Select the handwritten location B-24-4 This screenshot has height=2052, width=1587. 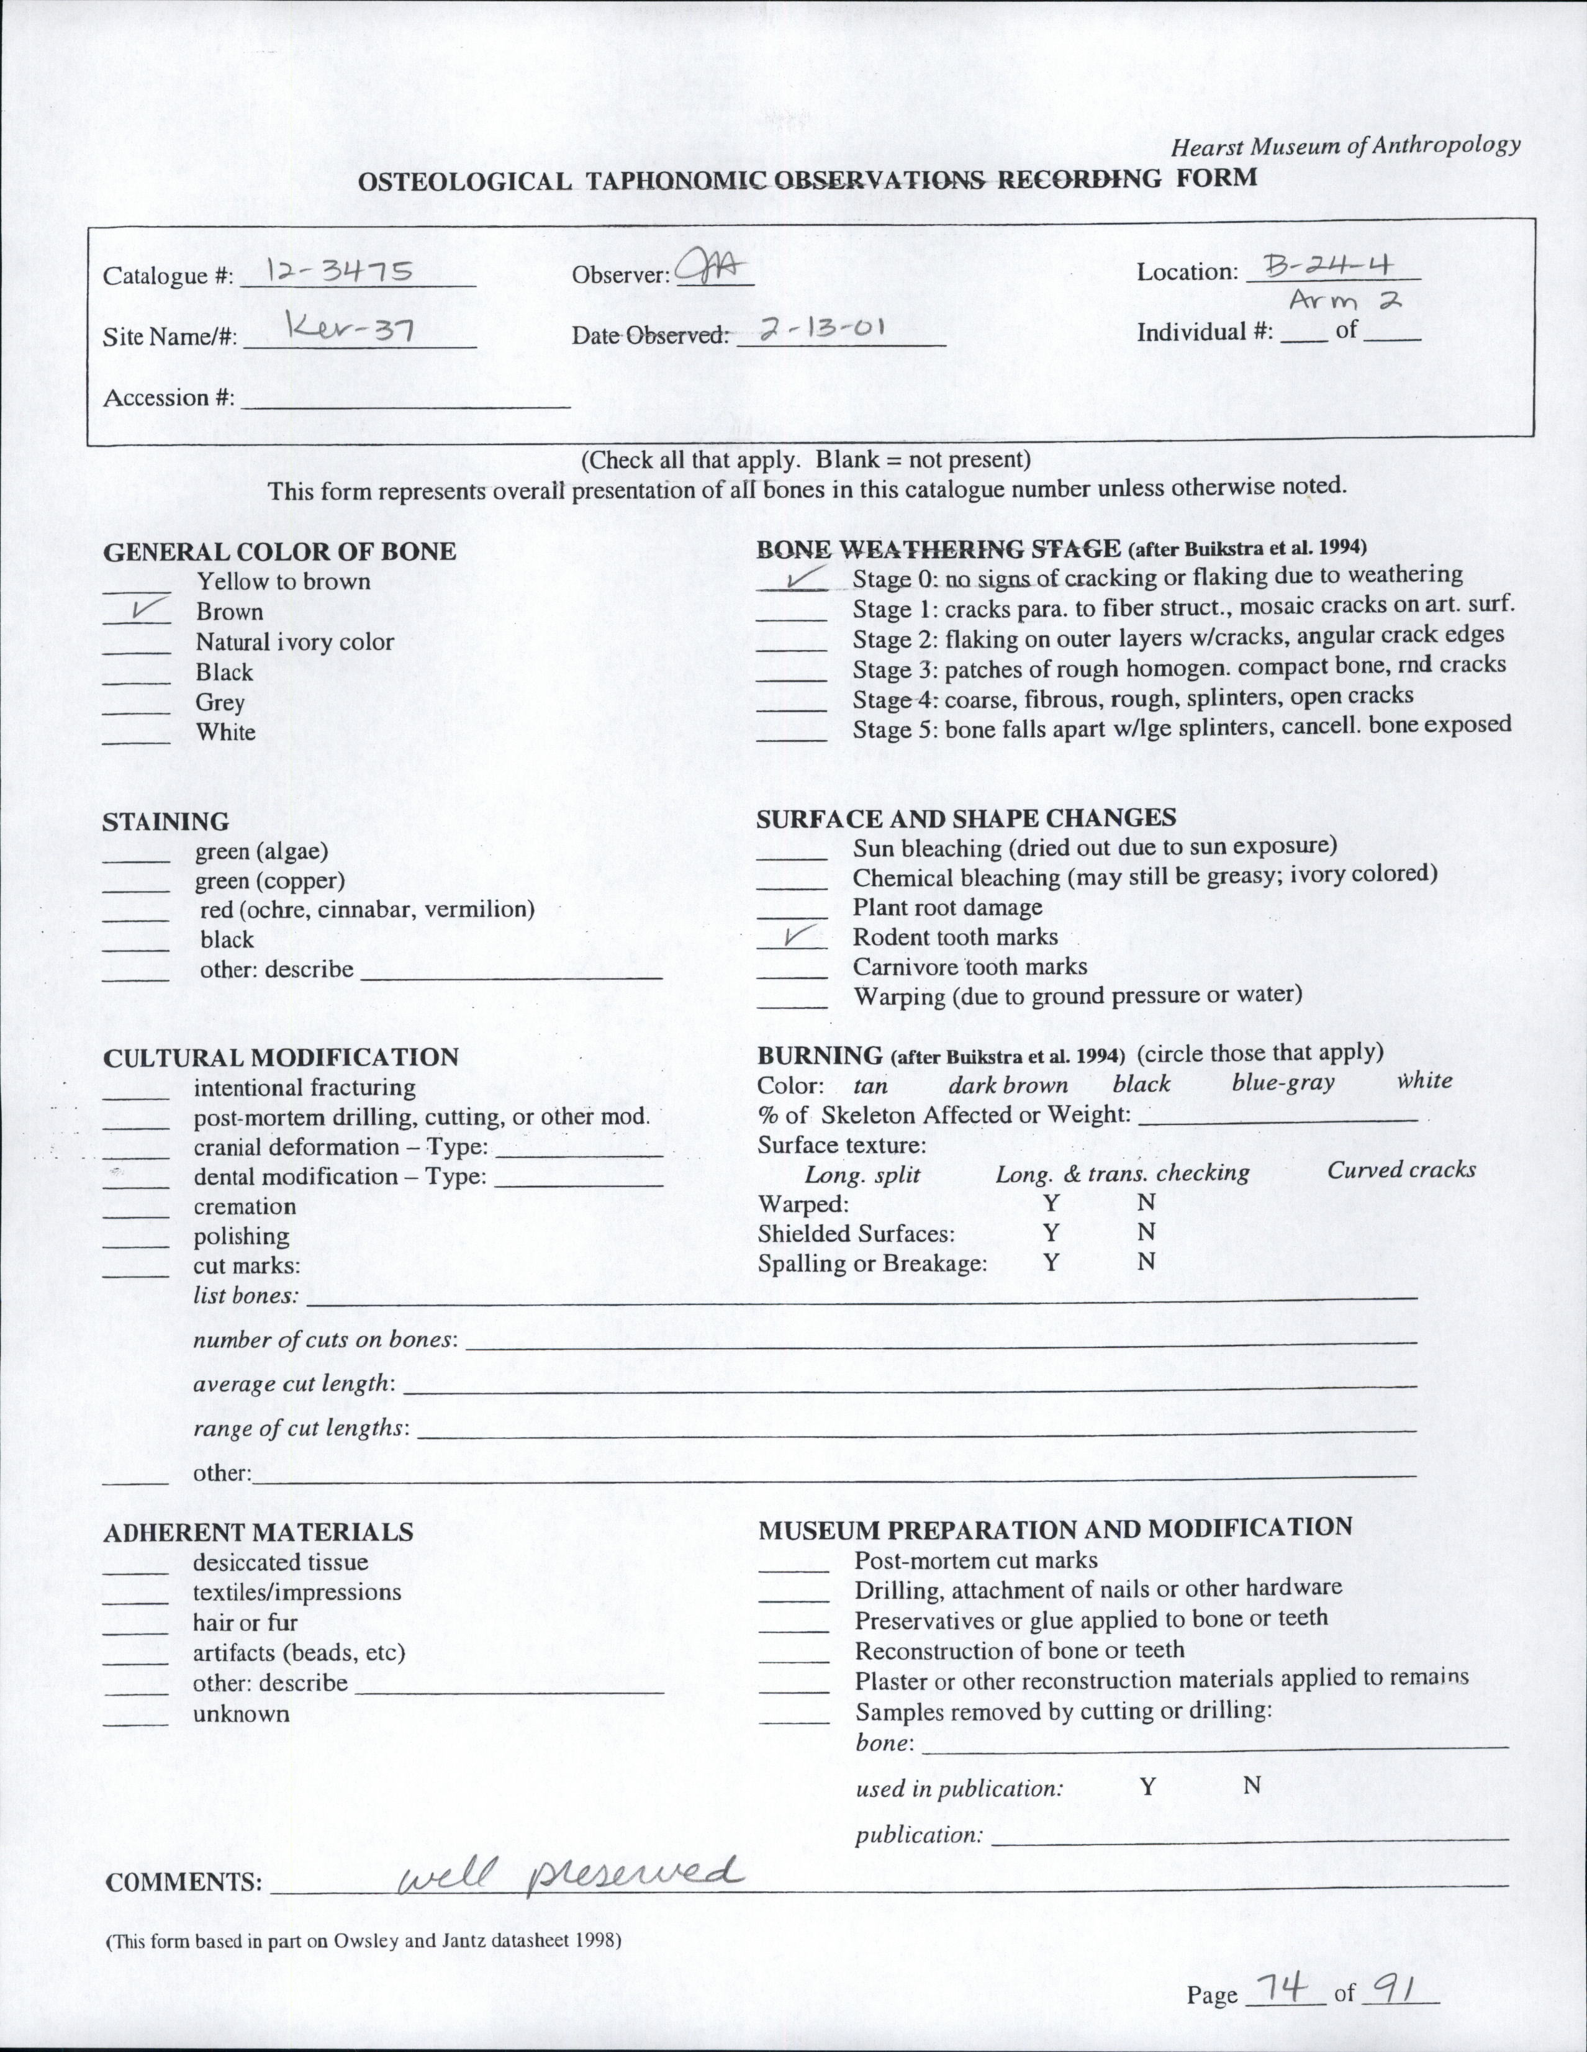(1329, 267)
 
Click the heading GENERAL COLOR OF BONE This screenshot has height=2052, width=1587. (279, 551)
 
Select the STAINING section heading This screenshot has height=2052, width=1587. (165, 821)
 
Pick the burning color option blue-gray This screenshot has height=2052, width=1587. (1283, 1082)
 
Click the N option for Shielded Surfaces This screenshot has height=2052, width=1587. (1146, 1232)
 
